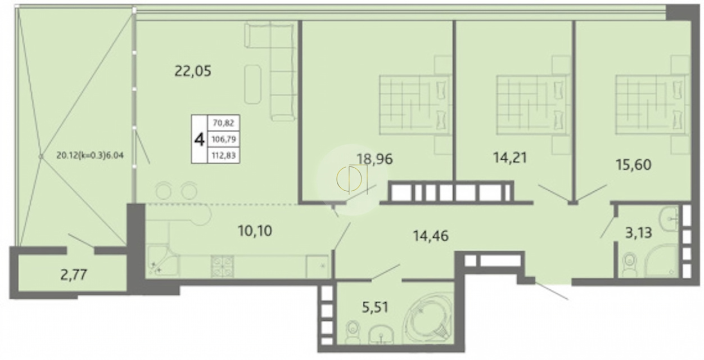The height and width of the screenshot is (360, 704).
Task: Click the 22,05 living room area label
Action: [x=193, y=71]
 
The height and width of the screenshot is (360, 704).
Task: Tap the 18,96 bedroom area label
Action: [x=374, y=159]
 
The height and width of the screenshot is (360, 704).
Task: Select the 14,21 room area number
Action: [x=510, y=157]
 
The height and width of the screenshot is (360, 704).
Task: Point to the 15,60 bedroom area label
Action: [x=633, y=165]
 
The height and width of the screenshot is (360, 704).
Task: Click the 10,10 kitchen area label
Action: [x=255, y=231]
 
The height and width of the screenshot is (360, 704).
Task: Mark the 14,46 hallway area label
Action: [x=431, y=236]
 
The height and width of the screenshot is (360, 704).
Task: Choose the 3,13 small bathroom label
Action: [x=639, y=233]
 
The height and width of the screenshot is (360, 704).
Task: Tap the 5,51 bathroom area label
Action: [x=375, y=307]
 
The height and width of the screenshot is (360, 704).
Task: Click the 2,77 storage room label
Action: [x=74, y=275]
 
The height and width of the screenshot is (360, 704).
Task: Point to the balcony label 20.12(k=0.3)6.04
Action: [x=90, y=155]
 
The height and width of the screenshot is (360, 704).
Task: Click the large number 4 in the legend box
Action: [x=200, y=139]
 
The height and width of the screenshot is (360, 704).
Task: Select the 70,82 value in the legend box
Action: [x=223, y=123]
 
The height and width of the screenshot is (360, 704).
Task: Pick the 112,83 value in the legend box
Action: [x=223, y=156]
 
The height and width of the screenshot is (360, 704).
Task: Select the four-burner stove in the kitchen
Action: [x=223, y=266]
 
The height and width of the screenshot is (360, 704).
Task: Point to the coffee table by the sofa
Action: [x=252, y=84]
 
